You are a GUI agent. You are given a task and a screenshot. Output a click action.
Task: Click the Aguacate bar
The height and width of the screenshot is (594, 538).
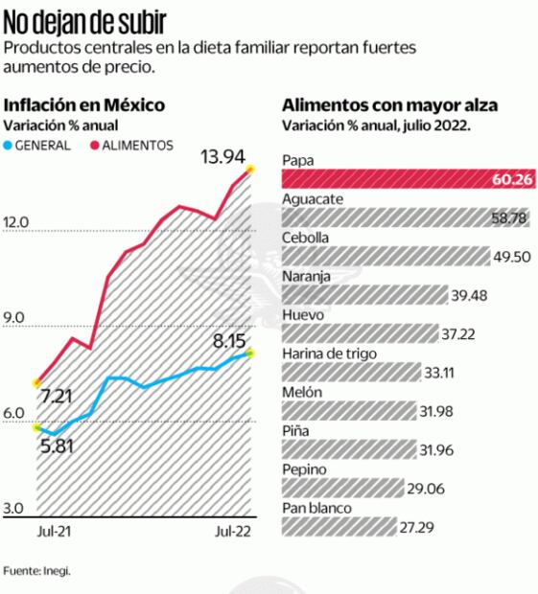pos(384,218)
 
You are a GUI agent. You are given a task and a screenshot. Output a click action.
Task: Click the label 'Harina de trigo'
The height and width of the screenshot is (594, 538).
pos(329,354)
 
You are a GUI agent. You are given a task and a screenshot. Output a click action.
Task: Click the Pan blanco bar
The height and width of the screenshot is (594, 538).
pos(339,527)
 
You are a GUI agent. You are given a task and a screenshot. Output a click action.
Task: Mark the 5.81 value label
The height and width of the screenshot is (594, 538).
pos(57,445)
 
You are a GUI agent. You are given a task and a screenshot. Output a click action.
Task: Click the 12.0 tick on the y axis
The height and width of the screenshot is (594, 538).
pos(18,222)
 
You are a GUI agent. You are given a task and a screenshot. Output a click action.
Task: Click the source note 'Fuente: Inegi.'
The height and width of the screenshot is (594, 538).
pos(36,570)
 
